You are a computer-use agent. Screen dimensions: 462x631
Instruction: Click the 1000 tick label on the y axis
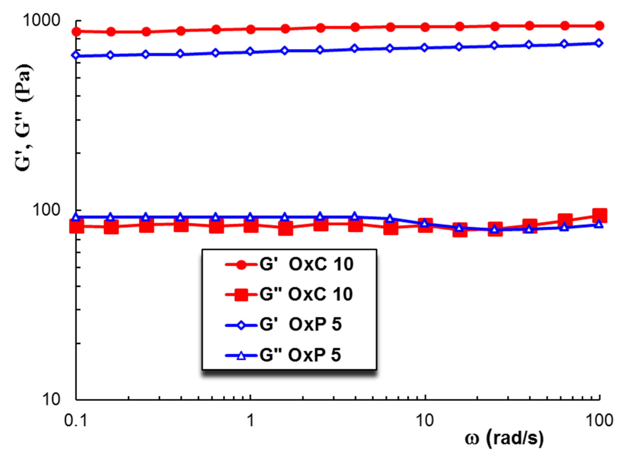[41, 21]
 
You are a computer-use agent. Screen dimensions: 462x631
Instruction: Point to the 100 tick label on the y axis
[46, 210]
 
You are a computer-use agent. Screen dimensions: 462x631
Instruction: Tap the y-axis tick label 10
[51, 399]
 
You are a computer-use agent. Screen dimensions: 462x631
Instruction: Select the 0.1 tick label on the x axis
[76, 420]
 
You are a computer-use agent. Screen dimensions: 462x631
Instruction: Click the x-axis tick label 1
[250, 420]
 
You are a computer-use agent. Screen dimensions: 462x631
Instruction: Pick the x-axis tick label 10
[425, 420]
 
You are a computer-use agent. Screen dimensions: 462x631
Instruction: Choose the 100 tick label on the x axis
[599, 420]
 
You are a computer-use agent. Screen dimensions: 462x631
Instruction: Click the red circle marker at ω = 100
[599, 26]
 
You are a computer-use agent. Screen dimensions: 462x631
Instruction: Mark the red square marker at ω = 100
[599, 216]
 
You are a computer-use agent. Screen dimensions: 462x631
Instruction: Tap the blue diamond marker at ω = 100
[599, 43]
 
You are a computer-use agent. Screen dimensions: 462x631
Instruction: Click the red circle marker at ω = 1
[251, 29]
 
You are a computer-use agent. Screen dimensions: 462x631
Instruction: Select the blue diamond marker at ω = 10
[424, 48]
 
